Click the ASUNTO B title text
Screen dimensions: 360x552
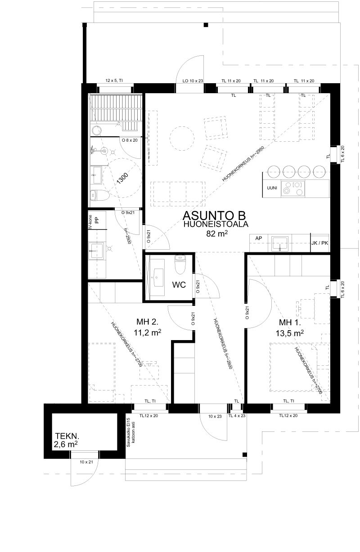click(x=214, y=215)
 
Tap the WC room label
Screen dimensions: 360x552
click(x=179, y=285)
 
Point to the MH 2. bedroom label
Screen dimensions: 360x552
click(x=148, y=322)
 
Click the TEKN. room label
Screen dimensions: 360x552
click(x=67, y=436)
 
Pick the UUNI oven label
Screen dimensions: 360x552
click(x=272, y=188)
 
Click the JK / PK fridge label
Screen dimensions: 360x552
click(x=319, y=243)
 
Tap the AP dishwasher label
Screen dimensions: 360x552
click(x=258, y=238)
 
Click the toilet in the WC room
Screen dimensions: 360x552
click(x=179, y=265)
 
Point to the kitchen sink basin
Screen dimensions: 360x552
click(x=279, y=243)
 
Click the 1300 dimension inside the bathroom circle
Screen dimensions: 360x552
click(x=122, y=179)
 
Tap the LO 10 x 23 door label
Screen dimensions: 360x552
click(x=193, y=81)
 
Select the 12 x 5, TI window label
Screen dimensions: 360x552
click(x=114, y=81)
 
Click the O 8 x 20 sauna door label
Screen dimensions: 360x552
click(x=130, y=140)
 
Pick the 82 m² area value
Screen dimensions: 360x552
click(x=217, y=233)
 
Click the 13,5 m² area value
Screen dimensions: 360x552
click(x=289, y=333)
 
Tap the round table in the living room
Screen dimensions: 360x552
click(x=181, y=139)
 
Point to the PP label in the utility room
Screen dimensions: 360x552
click(x=97, y=220)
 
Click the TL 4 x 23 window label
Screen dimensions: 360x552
click(x=237, y=416)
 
